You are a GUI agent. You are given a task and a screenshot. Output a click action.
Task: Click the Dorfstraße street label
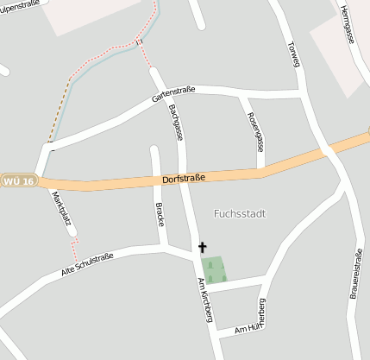click(184, 178)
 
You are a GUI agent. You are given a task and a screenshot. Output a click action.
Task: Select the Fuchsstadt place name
click(238, 213)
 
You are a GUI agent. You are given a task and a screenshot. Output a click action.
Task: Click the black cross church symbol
click(204, 247)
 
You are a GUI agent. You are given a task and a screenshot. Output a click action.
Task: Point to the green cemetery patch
click(214, 268)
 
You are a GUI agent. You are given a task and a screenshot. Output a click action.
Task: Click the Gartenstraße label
click(174, 94)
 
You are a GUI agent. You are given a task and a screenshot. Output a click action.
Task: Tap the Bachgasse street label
click(177, 123)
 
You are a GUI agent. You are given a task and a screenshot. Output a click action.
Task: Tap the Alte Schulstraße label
click(89, 262)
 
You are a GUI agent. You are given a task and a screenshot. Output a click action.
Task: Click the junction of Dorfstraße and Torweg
click(327, 152)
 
